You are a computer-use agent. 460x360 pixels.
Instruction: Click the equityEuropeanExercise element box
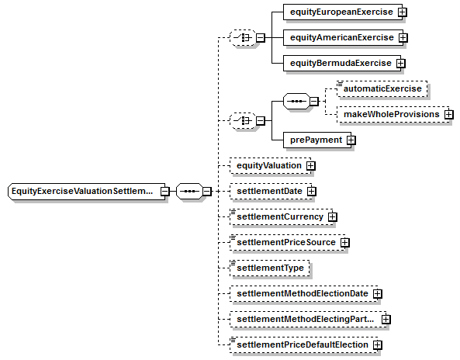tap(342, 12)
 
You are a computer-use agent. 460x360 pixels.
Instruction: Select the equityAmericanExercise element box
tap(343, 37)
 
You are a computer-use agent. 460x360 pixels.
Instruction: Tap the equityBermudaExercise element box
tap(342, 63)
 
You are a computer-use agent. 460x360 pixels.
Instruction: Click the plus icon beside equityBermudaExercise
tap(401, 63)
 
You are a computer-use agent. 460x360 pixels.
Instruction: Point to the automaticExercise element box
tap(382, 88)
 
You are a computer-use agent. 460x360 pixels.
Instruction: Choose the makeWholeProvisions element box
tap(393, 114)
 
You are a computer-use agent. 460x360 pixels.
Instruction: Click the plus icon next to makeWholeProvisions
tap(449, 114)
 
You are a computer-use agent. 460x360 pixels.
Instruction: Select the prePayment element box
tap(316, 140)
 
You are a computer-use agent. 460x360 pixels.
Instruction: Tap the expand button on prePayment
tap(351, 140)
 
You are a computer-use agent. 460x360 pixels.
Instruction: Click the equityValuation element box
tap(270, 166)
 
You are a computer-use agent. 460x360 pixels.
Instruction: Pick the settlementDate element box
tap(271, 192)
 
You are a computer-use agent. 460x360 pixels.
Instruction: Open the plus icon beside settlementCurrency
tap(332, 216)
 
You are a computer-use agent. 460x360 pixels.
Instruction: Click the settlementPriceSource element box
tap(288, 242)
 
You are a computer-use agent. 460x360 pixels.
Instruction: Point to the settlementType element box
tap(270, 268)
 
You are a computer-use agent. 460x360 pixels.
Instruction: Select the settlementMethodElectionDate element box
tap(303, 294)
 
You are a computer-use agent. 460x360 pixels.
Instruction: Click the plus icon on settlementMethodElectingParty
tap(386, 319)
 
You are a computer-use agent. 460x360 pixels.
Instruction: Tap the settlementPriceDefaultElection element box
tap(303, 344)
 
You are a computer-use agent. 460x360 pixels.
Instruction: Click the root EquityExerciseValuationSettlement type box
tap(87, 192)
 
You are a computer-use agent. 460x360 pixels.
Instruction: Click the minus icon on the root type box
tap(165, 192)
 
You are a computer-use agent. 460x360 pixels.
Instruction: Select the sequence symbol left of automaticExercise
tap(296, 102)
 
